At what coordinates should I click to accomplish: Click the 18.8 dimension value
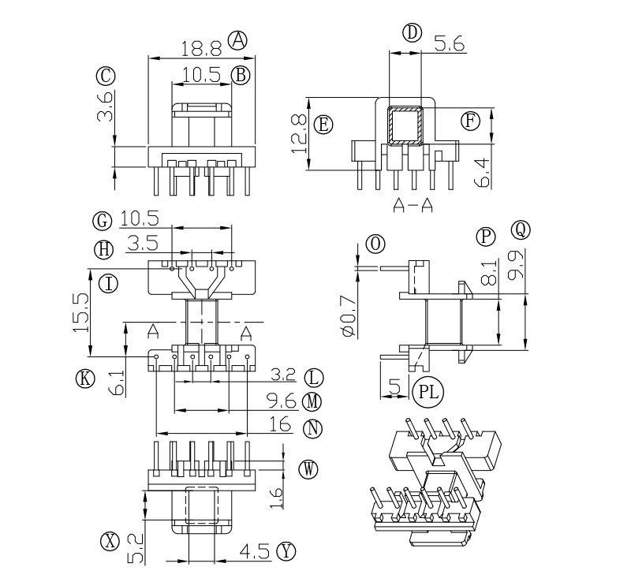point(201,49)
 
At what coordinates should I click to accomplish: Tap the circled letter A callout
point(237,40)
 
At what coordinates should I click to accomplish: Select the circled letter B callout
point(241,75)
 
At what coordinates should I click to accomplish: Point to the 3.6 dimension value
point(106,106)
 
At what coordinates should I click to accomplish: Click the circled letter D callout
point(412,33)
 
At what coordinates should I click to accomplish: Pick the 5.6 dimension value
point(449,43)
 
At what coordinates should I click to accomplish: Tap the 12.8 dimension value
point(300,133)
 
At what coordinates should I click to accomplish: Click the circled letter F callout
point(470,121)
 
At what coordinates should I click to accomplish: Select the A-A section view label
point(413,205)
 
